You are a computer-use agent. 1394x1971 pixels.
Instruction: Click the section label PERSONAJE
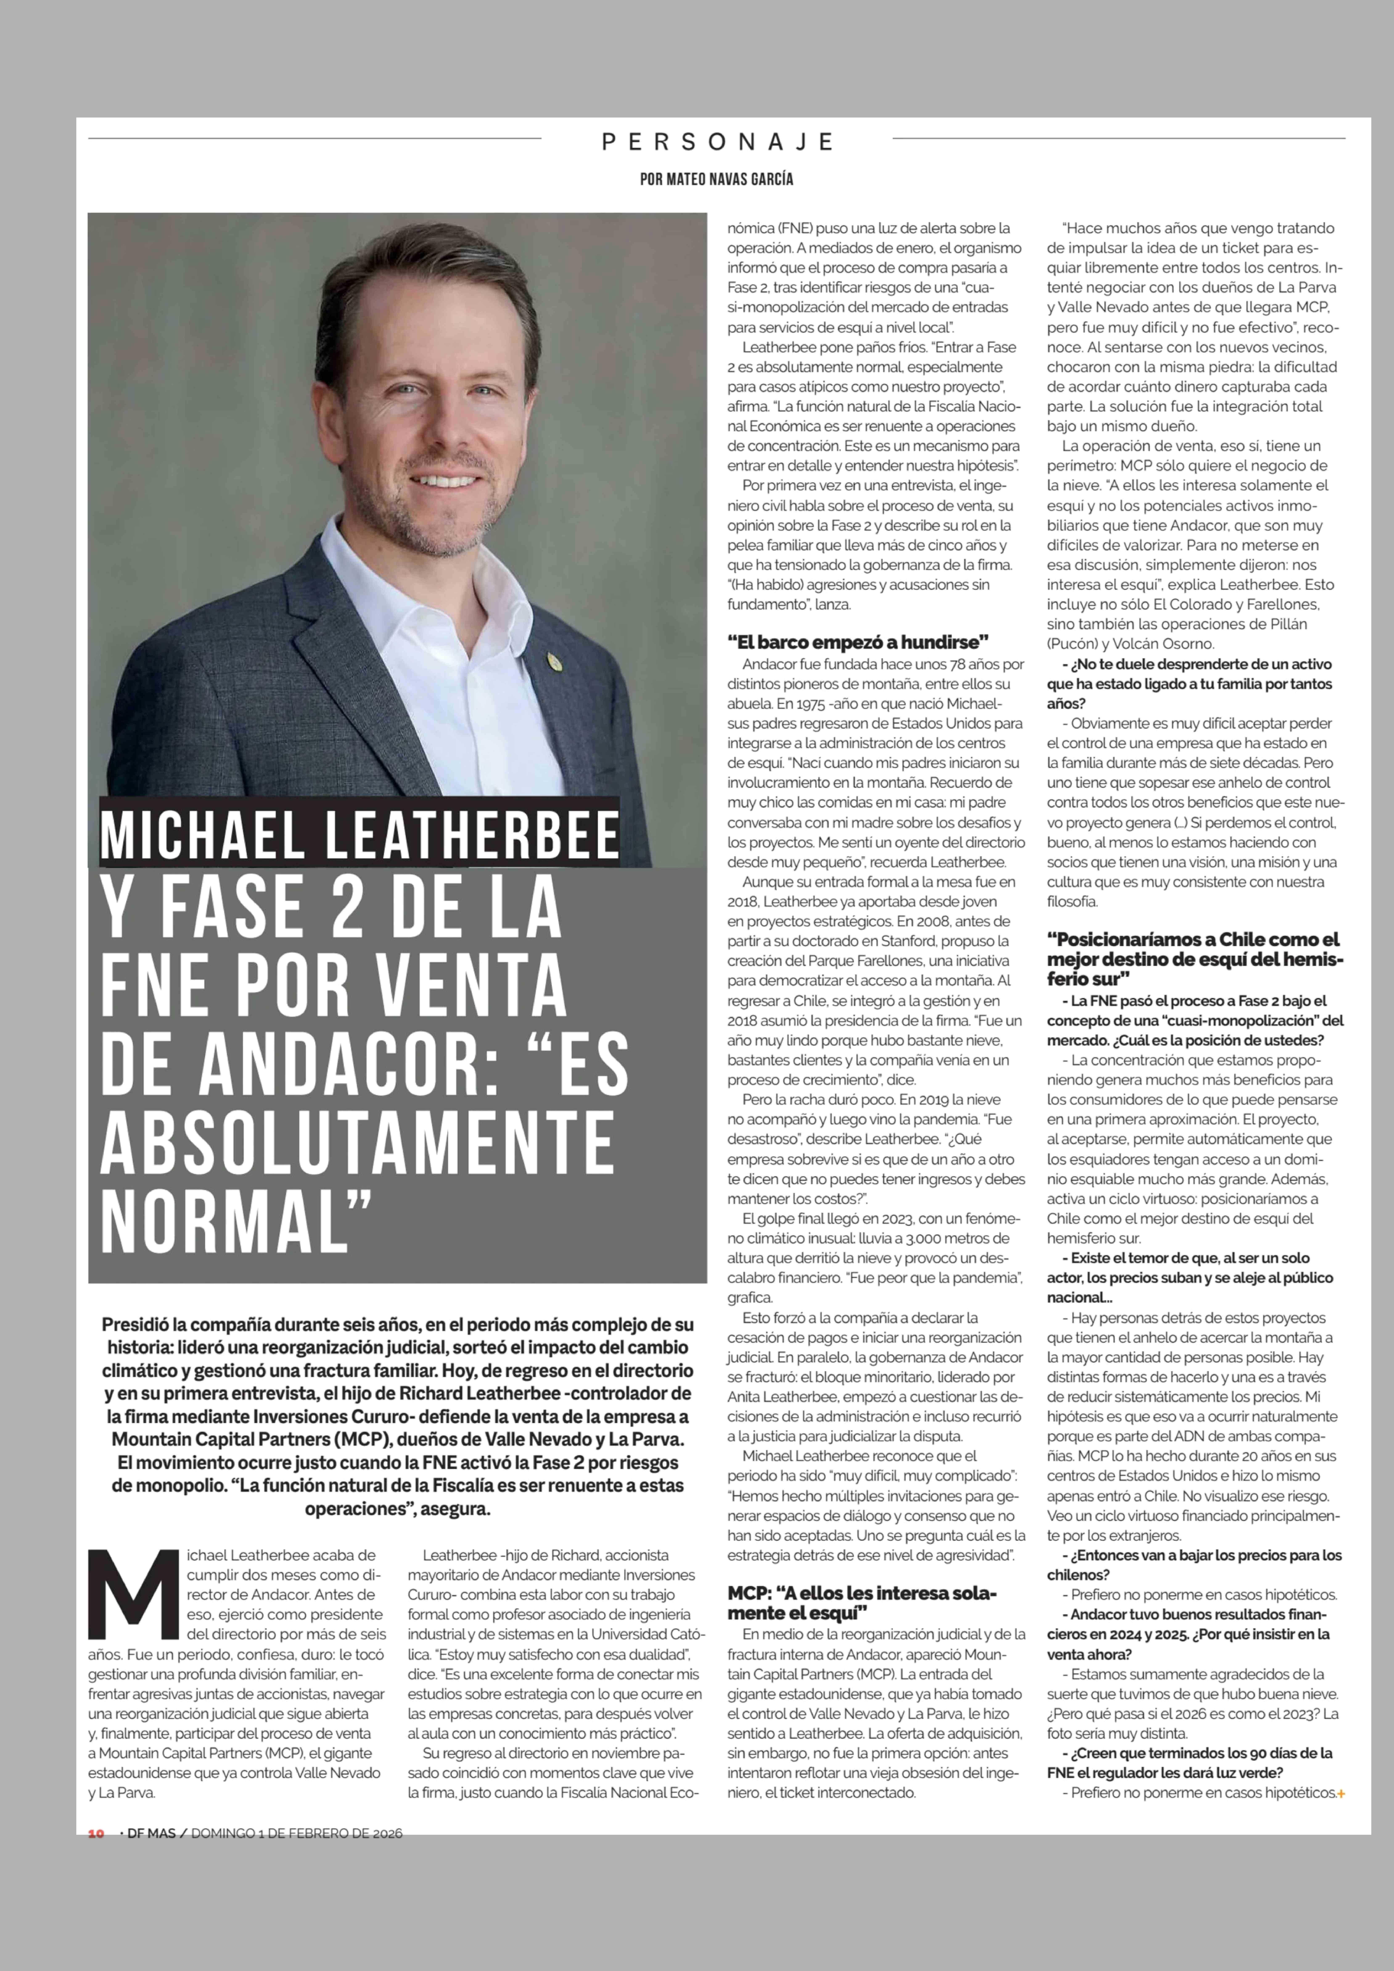[x=717, y=142]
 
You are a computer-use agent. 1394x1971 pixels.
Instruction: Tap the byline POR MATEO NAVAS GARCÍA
[x=717, y=179]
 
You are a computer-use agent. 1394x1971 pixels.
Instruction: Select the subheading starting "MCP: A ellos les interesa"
[x=862, y=1603]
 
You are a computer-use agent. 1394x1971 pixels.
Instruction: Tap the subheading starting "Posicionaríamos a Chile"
[x=1193, y=958]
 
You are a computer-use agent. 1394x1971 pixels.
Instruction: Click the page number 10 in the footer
[x=96, y=1834]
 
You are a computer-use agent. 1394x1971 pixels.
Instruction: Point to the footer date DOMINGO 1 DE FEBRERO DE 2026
[x=296, y=1834]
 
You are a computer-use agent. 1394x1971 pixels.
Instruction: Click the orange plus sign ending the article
[x=1341, y=1793]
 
